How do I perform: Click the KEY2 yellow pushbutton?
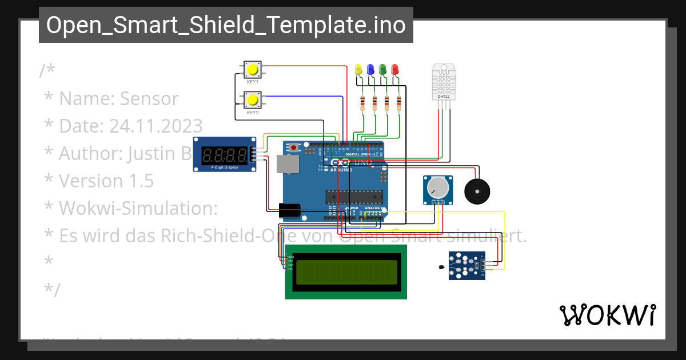tap(252, 101)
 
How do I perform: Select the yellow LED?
tap(358, 70)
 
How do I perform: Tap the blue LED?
tap(370, 70)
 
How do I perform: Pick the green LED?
tap(382, 70)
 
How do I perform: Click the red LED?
tap(394, 70)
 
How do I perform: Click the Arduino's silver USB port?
tap(288, 164)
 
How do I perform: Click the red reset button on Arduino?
tap(294, 147)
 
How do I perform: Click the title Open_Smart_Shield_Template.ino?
tap(226, 25)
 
